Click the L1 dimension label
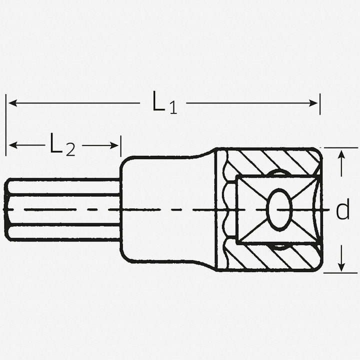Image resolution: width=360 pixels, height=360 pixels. pos(164,103)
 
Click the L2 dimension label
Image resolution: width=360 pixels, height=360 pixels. pos(62,145)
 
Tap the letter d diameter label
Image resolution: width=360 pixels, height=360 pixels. pos(342,210)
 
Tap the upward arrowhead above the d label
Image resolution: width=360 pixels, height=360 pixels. pos(341,154)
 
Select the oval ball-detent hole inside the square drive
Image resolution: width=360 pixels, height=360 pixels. pos(279,209)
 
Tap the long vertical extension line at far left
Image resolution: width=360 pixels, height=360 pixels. pos(6,125)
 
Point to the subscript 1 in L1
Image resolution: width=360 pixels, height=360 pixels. pos(172,108)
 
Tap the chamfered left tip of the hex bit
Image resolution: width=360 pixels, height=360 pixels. pos(7,209)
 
